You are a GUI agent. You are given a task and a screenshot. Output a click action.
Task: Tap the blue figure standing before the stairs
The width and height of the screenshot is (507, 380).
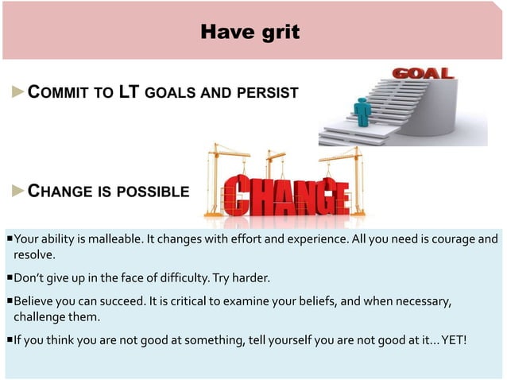pyautogui.click(x=362, y=111)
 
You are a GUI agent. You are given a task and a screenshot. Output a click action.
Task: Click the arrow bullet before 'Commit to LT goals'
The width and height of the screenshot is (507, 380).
pyautogui.click(x=19, y=92)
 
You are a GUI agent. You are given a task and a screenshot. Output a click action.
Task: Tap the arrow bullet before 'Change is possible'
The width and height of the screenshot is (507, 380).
pyautogui.click(x=19, y=191)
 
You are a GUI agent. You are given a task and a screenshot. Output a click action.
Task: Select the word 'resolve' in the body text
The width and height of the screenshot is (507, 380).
pyautogui.click(x=33, y=254)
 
